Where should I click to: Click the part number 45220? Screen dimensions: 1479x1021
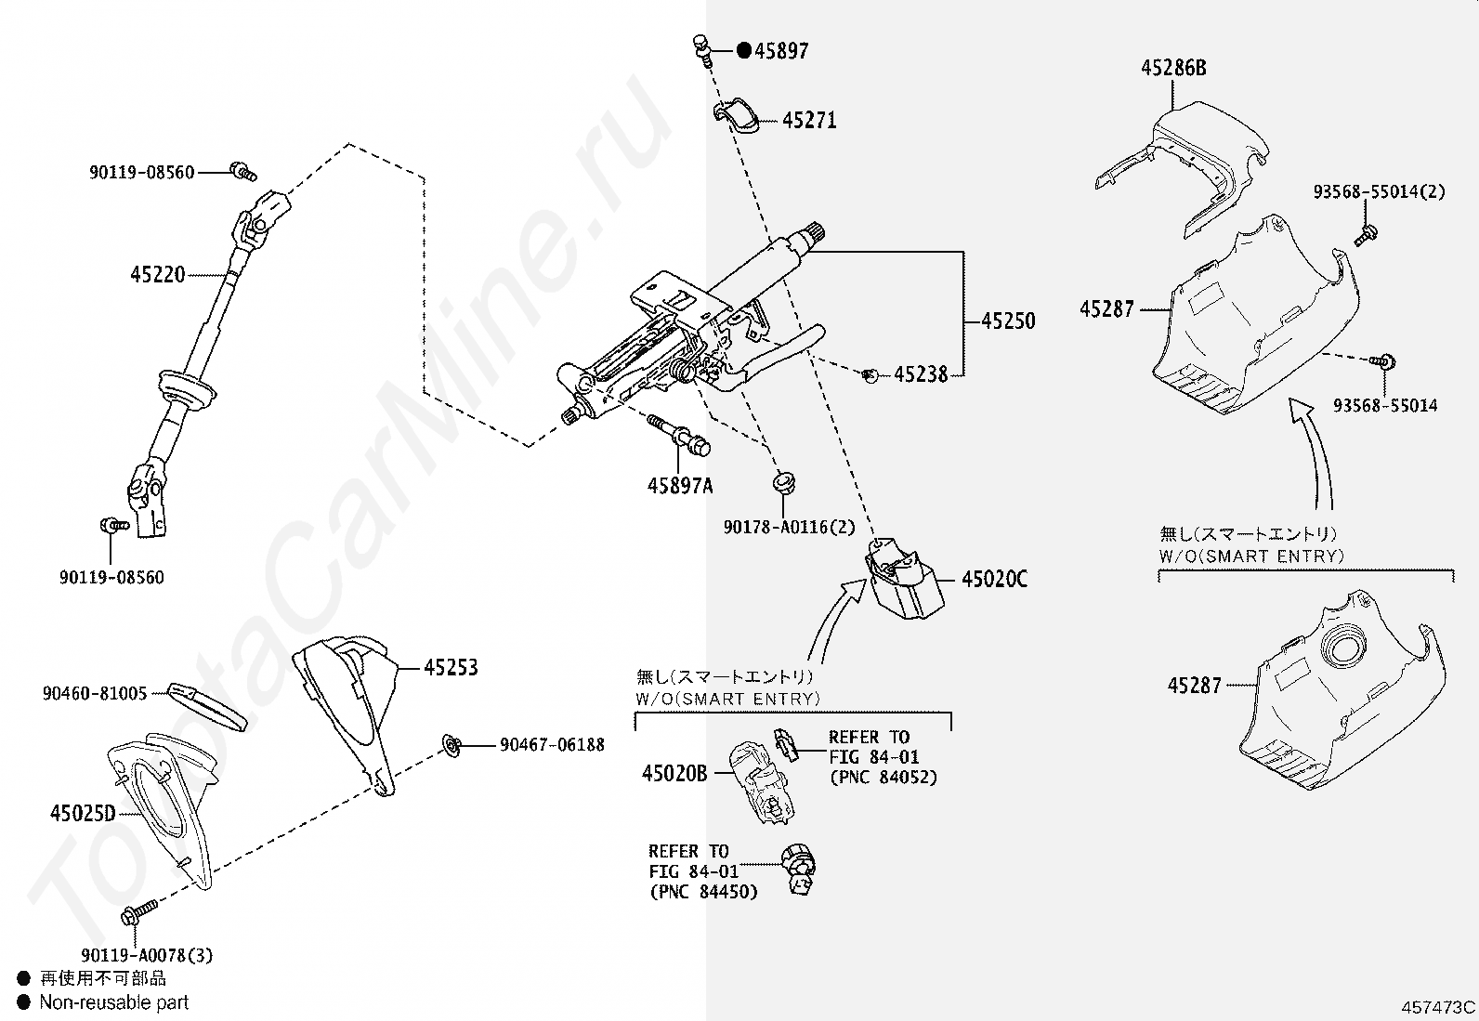click(158, 275)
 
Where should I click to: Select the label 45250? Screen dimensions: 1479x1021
click(1008, 321)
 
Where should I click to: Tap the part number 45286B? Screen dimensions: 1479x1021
click(1173, 68)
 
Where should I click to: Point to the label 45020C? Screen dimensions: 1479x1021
click(994, 579)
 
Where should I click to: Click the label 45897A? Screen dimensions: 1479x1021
click(680, 486)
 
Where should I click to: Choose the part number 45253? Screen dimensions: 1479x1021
click(451, 668)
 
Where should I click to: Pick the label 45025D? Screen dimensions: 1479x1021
click(84, 813)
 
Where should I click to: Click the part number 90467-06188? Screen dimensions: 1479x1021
click(552, 745)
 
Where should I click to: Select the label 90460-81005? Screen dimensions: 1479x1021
click(95, 693)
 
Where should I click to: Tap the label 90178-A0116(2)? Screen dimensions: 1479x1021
click(789, 527)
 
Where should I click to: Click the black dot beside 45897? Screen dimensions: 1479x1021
click(744, 50)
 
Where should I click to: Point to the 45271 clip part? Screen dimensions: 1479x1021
click(736, 115)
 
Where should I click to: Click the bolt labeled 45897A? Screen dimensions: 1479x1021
click(679, 436)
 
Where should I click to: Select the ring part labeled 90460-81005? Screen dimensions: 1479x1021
click(207, 707)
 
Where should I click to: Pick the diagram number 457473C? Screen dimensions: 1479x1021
click(1438, 1007)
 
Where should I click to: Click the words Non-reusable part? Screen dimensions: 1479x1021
click(114, 1001)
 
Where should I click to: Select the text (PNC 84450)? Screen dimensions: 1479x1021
click(704, 892)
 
